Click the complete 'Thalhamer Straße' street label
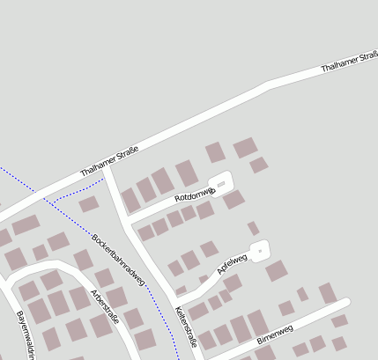pyautogui.click(x=109, y=160)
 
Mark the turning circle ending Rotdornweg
pyautogui.click(x=221, y=183)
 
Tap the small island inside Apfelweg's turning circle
pyautogui.click(x=259, y=253)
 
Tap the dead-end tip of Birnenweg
pyautogui.click(x=346, y=303)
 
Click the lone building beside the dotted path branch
pyautogui.click(x=88, y=204)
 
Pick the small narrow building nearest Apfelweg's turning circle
pyautogui.click(x=253, y=229)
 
